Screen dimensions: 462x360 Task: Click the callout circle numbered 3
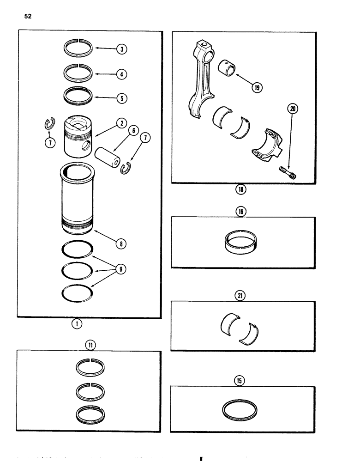click(122, 49)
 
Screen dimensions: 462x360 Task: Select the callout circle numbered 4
click(122, 74)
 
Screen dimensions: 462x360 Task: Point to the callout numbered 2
click(121, 123)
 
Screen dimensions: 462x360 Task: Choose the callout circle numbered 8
click(122, 244)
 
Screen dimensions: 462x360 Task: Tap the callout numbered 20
click(292, 109)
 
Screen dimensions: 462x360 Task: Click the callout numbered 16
click(240, 212)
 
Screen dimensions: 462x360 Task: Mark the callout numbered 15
click(240, 380)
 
